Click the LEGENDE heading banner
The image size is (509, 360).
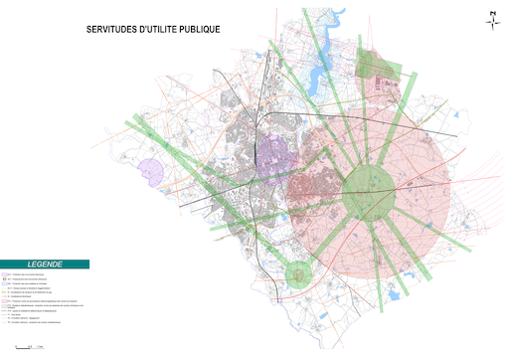point(45,265)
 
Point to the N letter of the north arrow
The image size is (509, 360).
point(491,12)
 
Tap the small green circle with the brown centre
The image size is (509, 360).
point(299,270)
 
